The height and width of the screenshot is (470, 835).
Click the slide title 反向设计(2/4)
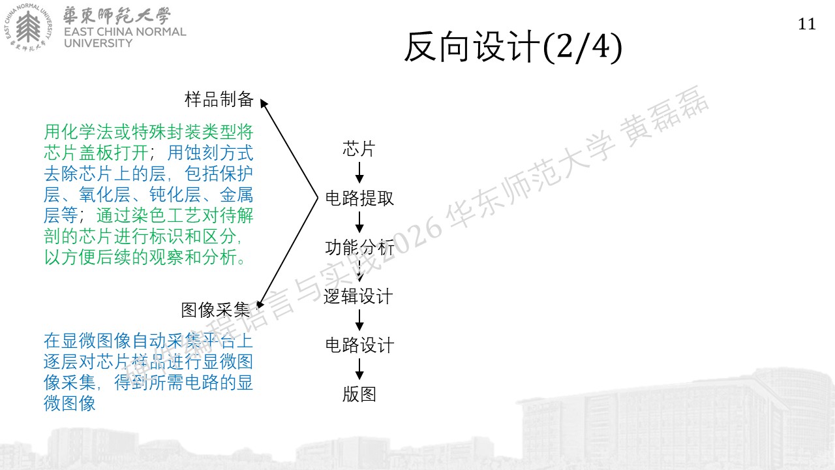(513, 48)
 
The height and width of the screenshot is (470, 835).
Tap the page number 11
(807, 24)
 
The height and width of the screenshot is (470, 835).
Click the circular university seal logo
(28, 27)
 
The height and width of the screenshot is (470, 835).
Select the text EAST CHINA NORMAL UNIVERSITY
(125, 37)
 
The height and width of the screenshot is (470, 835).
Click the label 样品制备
(219, 99)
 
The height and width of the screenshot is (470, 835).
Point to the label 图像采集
(216, 310)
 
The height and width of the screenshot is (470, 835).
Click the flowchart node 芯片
(359, 149)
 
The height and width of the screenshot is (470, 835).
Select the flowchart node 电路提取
(359, 198)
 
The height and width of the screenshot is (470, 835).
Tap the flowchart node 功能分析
(359, 247)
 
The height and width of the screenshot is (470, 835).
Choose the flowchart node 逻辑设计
(358, 296)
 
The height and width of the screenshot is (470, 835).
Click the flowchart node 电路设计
(359, 345)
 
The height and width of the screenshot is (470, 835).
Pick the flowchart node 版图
(359, 394)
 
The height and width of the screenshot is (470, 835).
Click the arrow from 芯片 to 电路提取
(359, 172)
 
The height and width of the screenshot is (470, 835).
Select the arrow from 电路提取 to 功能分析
(359, 222)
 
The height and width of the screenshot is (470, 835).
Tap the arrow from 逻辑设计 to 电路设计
(359, 320)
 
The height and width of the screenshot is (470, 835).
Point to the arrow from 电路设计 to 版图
(359, 369)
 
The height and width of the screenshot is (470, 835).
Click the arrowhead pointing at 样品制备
(264, 103)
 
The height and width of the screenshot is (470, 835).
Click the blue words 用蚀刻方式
(210, 153)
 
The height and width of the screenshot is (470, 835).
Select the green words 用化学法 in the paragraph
(79, 132)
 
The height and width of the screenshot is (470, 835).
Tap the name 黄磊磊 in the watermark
(665, 116)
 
